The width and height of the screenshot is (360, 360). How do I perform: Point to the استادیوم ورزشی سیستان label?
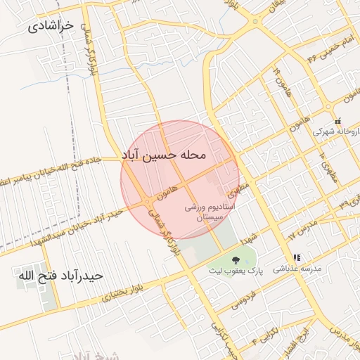coord(214,213)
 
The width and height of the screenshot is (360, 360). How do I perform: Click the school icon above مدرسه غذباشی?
coord(297,257)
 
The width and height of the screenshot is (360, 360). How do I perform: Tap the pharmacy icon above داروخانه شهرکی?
coord(338,120)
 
